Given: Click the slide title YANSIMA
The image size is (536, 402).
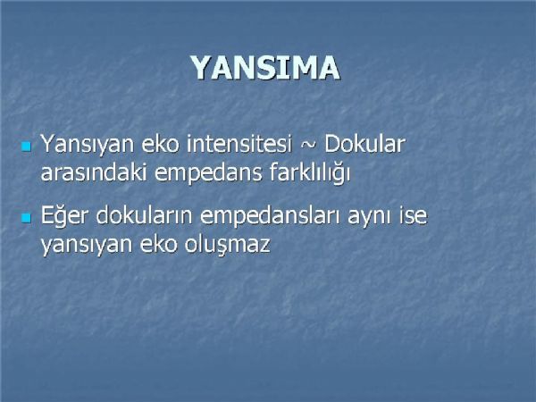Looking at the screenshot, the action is pyautogui.click(x=265, y=68).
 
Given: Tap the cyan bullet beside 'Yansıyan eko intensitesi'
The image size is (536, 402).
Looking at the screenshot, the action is pyautogui.click(x=26, y=147).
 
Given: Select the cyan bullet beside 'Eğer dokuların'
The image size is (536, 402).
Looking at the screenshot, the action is pyautogui.click(x=26, y=218).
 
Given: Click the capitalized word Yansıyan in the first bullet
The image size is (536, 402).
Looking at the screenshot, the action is pyautogui.click(x=88, y=145).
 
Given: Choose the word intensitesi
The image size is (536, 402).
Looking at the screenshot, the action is pyautogui.click(x=239, y=144).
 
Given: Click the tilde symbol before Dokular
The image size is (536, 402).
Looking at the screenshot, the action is pyautogui.click(x=308, y=145).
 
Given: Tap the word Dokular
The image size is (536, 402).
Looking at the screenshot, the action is pyautogui.click(x=364, y=144).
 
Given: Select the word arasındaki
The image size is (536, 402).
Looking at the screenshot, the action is pyautogui.click(x=94, y=172).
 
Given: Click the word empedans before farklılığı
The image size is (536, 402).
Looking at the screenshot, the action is pyautogui.click(x=208, y=173).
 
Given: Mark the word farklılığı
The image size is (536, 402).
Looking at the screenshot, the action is pyautogui.click(x=310, y=173).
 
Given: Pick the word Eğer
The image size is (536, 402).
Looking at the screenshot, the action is pyautogui.click(x=64, y=215).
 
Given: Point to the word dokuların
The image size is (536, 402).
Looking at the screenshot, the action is pyautogui.click(x=144, y=214).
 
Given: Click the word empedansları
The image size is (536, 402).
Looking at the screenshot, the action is pyautogui.click(x=270, y=216).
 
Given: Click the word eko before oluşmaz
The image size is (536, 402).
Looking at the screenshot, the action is pyautogui.click(x=158, y=244).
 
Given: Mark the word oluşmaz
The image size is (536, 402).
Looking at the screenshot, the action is pyautogui.click(x=228, y=245).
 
